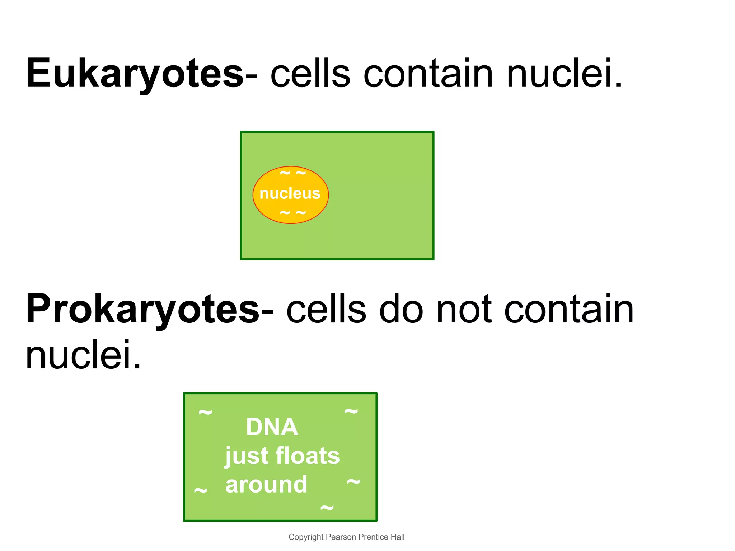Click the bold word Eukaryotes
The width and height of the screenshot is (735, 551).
click(135, 74)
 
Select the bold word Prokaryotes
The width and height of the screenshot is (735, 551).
click(142, 309)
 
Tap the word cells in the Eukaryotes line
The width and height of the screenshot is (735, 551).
click(310, 74)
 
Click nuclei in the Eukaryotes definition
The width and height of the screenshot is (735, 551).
click(564, 74)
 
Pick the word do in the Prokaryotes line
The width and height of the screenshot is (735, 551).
click(401, 309)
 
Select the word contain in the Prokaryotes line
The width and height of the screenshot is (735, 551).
click(569, 309)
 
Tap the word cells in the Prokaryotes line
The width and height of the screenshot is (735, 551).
click(326, 309)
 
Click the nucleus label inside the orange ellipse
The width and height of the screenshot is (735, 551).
click(290, 194)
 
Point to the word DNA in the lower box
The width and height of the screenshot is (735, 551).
click(272, 427)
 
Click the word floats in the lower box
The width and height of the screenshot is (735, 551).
click(308, 456)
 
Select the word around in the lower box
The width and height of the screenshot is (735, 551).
click(266, 485)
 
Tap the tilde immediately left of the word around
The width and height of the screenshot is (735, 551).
click(201, 490)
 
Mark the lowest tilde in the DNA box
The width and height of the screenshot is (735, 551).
click(327, 508)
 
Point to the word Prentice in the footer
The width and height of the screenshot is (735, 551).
click(374, 537)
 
